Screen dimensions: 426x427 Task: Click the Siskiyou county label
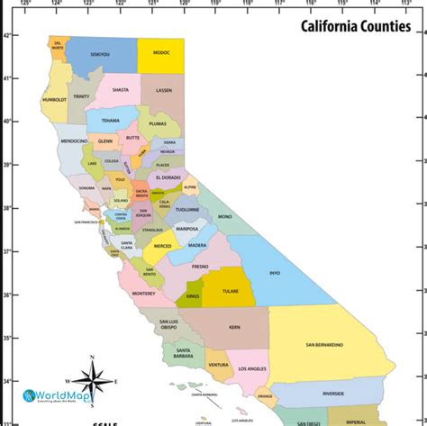(99, 54)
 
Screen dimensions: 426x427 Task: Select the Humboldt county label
(54, 100)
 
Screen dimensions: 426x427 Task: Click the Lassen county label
(164, 91)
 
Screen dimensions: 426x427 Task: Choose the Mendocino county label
(74, 141)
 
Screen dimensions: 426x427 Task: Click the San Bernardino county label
(324, 344)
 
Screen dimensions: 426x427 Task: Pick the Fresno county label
(199, 267)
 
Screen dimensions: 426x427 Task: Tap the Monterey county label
(143, 294)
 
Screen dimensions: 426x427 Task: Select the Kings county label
(192, 295)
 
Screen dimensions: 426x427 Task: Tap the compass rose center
(93, 384)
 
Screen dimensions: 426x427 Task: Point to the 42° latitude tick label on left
(6, 36)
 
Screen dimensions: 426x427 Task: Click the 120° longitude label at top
(184, 4)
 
